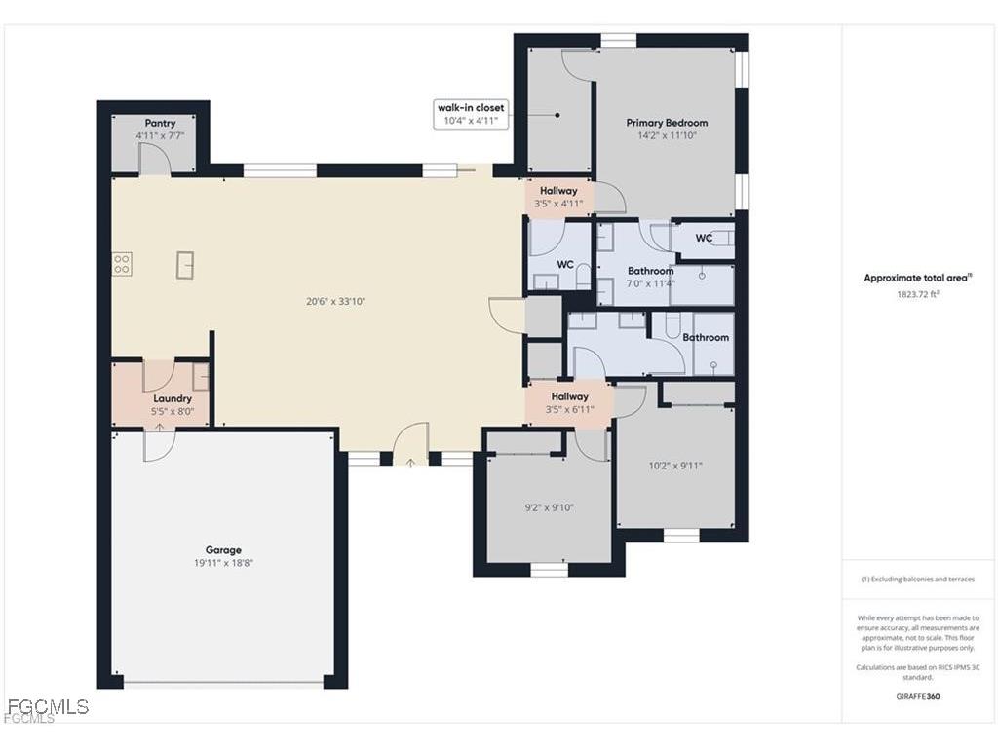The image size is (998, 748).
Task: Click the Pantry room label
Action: click(160, 123)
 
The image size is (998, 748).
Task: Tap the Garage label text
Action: click(222, 550)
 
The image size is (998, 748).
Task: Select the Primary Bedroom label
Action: click(667, 123)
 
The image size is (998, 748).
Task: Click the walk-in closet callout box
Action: click(471, 114)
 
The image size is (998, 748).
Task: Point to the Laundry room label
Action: click(173, 398)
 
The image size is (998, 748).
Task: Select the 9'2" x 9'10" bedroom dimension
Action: click(549, 507)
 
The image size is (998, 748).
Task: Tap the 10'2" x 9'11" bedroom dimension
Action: click(675, 466)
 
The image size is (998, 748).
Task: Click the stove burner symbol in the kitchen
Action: click(122, 264)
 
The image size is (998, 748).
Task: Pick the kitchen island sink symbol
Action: click(185, 264)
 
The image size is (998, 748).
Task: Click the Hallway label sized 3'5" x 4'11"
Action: click(558, 191)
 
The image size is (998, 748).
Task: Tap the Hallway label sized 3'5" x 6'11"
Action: click(569, 396)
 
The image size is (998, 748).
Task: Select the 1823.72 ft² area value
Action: click(917, 293)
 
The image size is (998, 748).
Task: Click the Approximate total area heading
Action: click(917, 278)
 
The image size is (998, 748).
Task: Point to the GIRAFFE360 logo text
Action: click(917, 696)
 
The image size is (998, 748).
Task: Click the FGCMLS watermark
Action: click(47, 707)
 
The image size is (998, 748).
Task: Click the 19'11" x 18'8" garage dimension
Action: click(222, 563)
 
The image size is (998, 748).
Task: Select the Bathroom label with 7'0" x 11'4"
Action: click(650, 271)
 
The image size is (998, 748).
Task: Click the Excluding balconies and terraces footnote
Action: click(917, 579)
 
